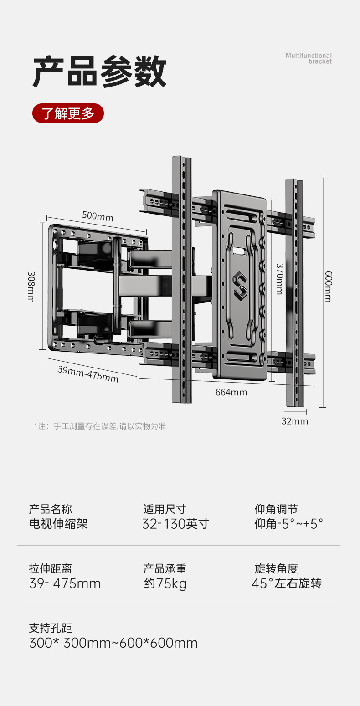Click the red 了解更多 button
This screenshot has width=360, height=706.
click(68, 113)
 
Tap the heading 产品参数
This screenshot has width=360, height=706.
click(100, 72)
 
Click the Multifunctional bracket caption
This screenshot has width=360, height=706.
click(309, 58)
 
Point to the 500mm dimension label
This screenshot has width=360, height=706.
click(98, 216)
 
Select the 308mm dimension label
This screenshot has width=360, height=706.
click(31, 287)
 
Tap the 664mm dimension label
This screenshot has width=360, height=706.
click(231, 392)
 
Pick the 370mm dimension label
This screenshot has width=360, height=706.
click(279, 279)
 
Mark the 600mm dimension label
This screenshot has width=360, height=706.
click(328, 286)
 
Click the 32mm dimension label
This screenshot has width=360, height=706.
click(294, 421)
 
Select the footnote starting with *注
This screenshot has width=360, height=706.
click(100, 426)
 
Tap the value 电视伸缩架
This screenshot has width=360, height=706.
click(58, 524)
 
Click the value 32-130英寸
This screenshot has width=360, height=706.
click(175, 524)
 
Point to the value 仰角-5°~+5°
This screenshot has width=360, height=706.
click(288, 524)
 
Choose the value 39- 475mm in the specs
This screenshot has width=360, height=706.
click(65, 583)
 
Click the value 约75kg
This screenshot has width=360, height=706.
click(165, 583)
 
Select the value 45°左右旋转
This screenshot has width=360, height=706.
click(287, 583)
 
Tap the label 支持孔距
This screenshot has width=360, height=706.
click(51, 628)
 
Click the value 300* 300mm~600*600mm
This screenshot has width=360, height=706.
click(113, 643)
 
